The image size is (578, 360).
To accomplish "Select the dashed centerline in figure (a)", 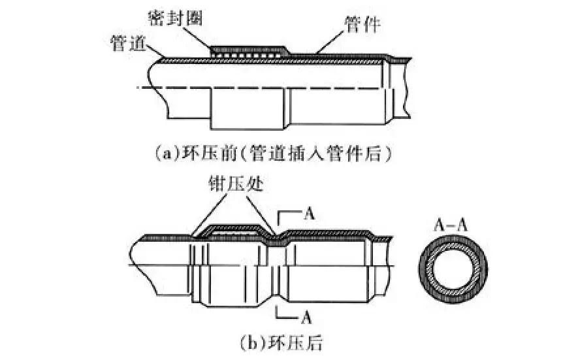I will (261, 88).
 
